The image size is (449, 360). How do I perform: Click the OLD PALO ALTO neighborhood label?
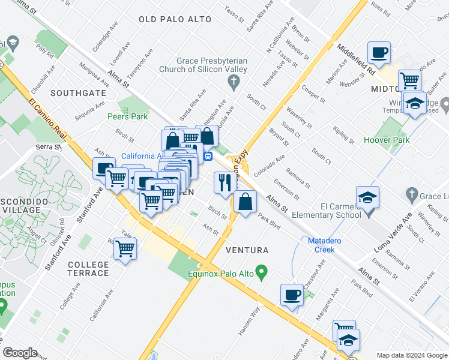coord(175,19)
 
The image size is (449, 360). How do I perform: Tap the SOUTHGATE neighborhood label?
coord(78,93)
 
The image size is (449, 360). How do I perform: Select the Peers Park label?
coord(127,116)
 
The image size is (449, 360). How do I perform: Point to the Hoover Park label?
coord(385,140)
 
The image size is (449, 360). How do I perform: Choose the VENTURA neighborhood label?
coord(247,250)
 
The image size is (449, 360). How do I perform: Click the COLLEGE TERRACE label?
coord(88,269)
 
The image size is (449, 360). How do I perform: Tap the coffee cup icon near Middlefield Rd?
coord(379,53)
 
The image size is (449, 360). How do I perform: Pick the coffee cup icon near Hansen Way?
coord(292,295)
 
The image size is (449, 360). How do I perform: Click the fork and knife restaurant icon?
coord(225,182)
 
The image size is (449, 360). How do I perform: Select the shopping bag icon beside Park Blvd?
coord(245,202)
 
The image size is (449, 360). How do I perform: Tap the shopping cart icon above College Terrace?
coord(125,248)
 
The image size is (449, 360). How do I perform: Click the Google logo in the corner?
coord(20,353)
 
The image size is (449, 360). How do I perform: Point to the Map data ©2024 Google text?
coord(411,355)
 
